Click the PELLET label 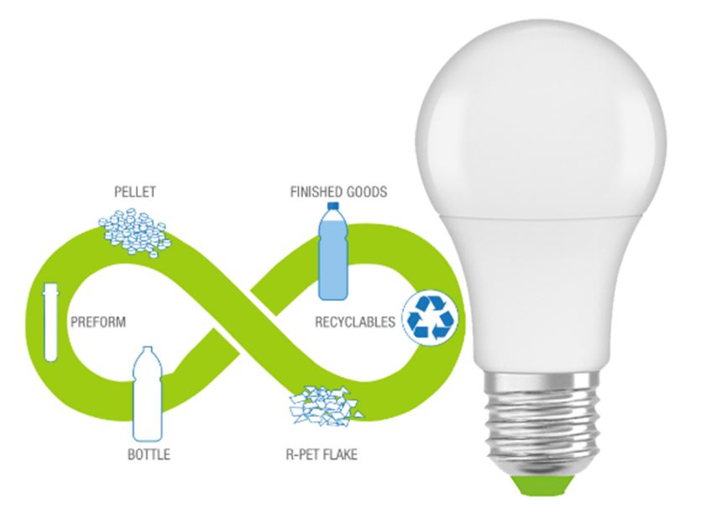[135, 192]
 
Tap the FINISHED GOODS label [338, 192]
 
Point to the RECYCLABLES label [354, 321]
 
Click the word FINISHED [317, 192]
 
